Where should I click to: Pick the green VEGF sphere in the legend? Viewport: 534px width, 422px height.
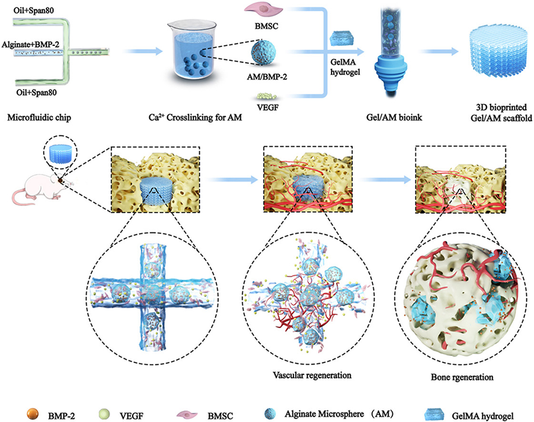click(x=116, y=414)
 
